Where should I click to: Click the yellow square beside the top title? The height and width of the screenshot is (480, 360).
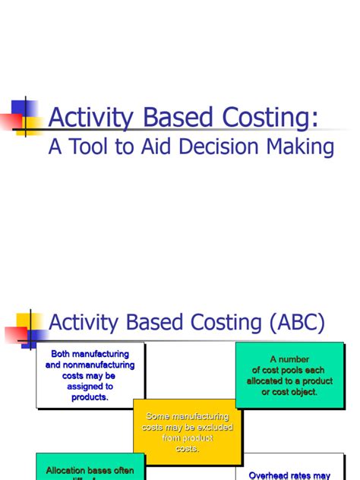[x=30, y=109]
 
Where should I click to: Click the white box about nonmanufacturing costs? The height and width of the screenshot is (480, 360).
[x=90, y=375]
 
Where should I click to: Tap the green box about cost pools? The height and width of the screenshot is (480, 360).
[x=289, y=375]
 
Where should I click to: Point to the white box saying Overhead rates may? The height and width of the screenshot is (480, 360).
[x=289, y=471]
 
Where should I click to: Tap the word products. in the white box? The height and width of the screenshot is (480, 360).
[x=90, y=397]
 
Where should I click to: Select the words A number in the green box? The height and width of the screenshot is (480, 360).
[x=289, y=359]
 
